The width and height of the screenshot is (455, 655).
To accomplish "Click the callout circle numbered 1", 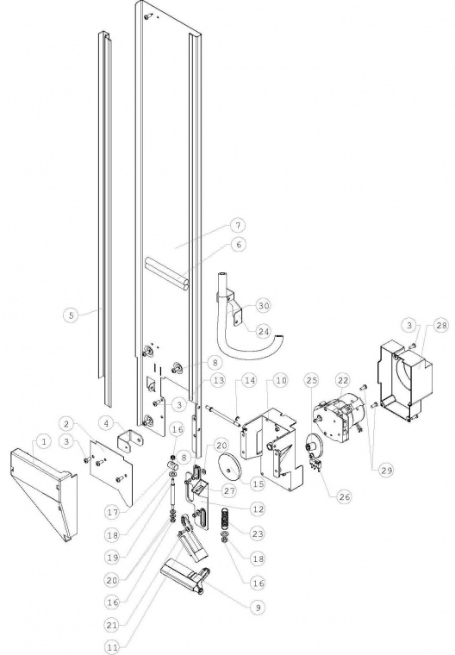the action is [x=44, y=441].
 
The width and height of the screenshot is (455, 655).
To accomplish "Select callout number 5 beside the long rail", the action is [x=72, y=315].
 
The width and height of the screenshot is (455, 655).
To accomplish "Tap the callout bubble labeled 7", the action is [x=238, y=226].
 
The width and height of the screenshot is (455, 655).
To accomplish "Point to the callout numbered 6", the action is [x=239, y=244].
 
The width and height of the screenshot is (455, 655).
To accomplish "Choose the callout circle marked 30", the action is [x=263, y=305].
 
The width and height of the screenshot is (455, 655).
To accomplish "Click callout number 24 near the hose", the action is [x=263, y=331].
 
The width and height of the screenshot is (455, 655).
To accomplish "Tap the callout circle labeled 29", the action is [x=386, y=470].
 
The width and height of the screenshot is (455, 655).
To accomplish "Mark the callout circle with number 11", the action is [x=112, y=647].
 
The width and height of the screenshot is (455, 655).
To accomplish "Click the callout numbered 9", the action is [x=258, y=608].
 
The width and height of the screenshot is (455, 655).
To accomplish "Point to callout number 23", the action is [x=258, y=533].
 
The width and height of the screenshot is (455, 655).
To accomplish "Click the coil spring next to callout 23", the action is [x=225, y=519].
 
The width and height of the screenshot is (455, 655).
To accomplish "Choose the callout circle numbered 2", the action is [x=67, y=423].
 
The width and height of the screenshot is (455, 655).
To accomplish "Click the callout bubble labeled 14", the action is [x=250, y=380].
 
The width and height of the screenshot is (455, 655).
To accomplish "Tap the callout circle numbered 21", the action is [x=112, y=625].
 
